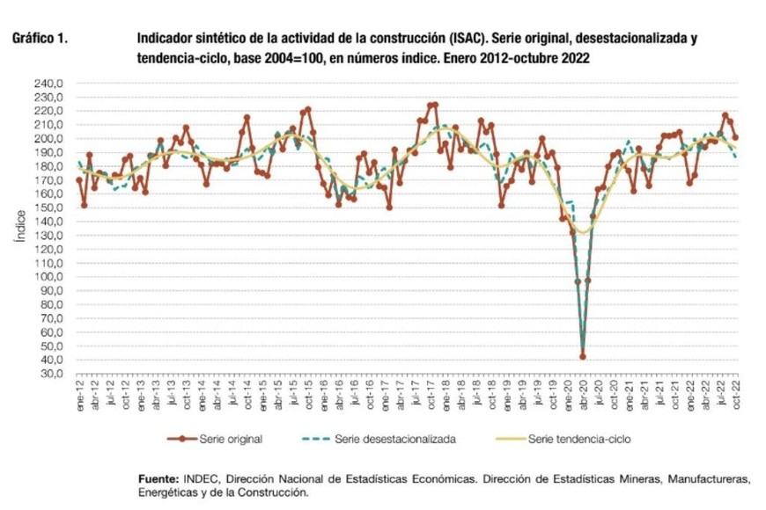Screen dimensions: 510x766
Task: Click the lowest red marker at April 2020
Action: tap(583, 356)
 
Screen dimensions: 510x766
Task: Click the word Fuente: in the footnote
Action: tap(159, 478)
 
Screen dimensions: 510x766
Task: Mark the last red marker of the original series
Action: tap(736, 137)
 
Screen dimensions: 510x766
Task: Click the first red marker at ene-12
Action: tap(79, 180)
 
